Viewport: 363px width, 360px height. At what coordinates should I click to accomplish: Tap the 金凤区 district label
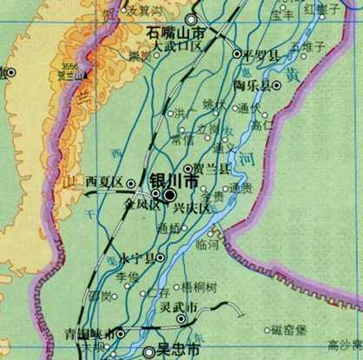tap(142, 206)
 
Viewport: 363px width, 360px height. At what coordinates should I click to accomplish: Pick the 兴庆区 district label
tap(192, 210)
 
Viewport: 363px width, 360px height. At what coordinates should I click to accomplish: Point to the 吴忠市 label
tap(174, 350)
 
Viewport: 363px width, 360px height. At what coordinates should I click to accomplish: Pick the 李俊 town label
tap(128, 276)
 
